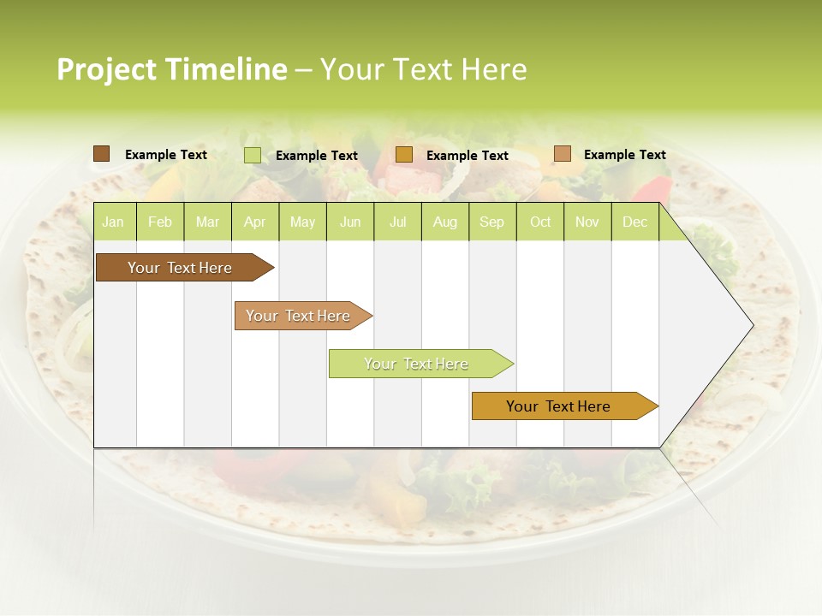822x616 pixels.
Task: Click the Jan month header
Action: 113,222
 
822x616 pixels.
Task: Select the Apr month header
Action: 254,222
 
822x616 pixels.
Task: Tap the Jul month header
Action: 397,222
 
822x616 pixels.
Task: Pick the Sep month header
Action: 491,222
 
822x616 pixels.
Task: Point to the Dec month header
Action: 634,222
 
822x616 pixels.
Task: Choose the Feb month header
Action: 160,222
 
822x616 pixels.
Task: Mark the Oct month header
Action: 540,222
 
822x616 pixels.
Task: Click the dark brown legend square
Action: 101,154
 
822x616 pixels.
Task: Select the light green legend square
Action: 252,155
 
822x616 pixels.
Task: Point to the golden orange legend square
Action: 404,155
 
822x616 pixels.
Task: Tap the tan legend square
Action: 562,154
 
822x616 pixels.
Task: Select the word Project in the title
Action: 106,69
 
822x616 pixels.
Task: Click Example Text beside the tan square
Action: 624,155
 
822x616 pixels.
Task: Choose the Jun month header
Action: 350,222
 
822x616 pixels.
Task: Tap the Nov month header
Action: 587,222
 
